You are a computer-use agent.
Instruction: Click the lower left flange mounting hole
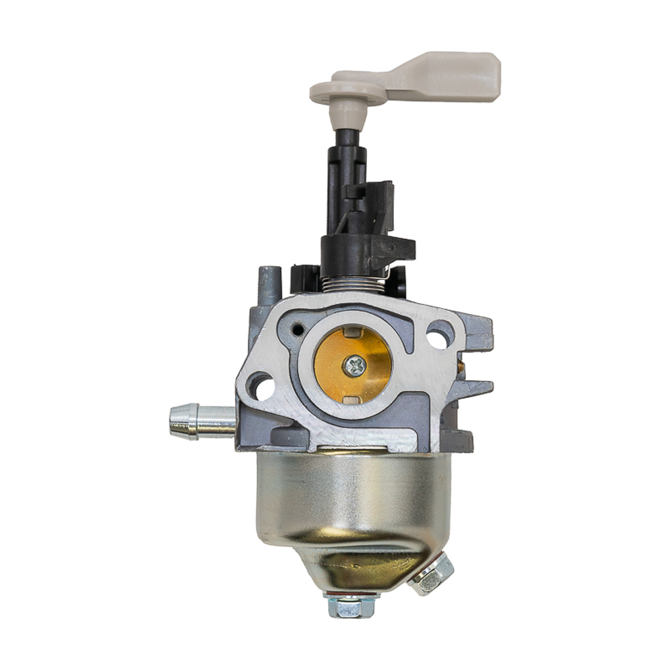pyautogui.click(x=261, y=386)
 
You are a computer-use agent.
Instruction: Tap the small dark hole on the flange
pyautogui.click(x=298, y=328)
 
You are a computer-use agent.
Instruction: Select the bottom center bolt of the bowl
pyautogui.click(x=352, y=606)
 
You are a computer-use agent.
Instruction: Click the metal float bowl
pyautogui.click(x=353, y=504)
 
